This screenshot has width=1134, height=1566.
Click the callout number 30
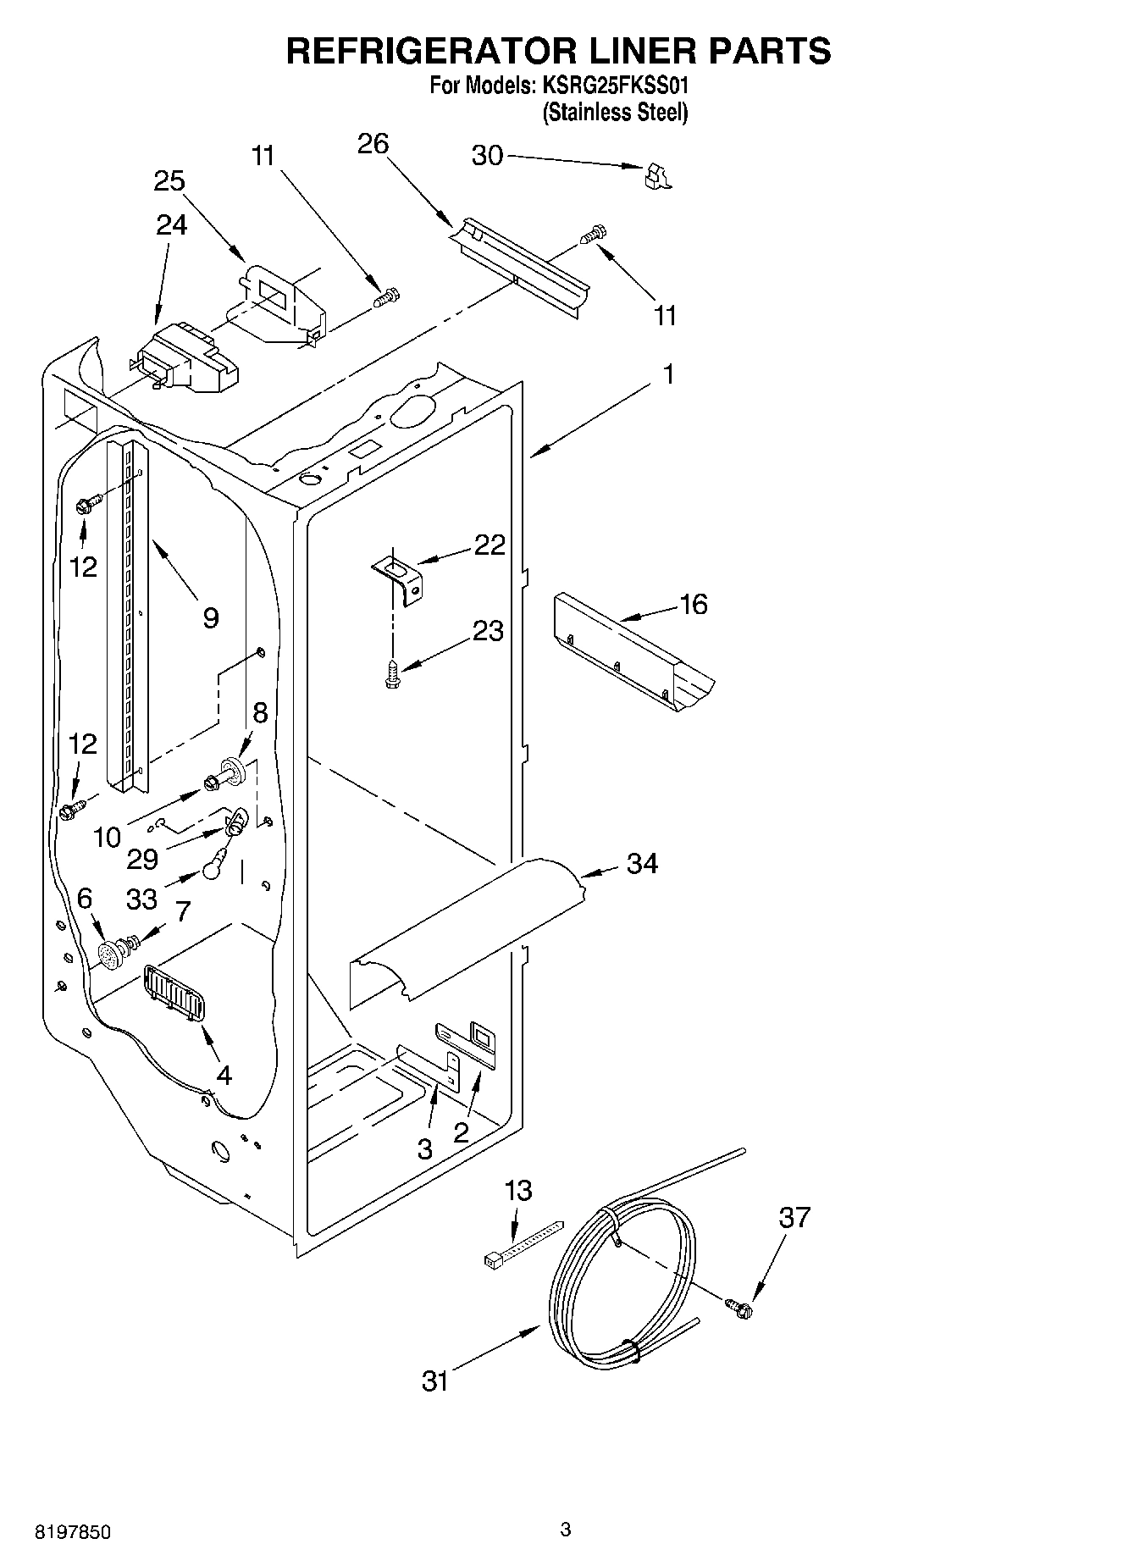tap(486, 156)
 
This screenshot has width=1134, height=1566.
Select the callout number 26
tap(373, 145)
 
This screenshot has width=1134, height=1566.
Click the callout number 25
tap(169, 182)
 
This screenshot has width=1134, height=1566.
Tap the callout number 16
tap(693, 605)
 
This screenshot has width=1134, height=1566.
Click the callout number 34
tap(642, 864)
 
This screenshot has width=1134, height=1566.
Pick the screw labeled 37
tap(740, 1308)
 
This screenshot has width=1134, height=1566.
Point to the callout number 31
tap(434, 1381)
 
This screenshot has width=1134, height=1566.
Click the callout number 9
tap(210, 617)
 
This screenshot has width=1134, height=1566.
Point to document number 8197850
tap(72, 1533)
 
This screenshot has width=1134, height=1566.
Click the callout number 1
tap(668, 374)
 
